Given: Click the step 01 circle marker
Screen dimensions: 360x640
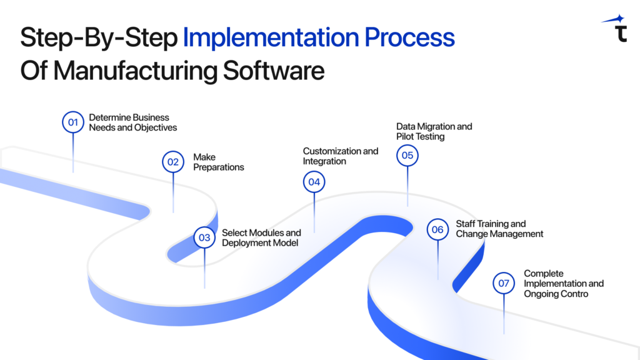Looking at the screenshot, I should pos(73,122).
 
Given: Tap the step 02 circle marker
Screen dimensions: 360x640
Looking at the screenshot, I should pos(172,162).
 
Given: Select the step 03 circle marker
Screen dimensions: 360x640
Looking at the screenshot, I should pos(204,237).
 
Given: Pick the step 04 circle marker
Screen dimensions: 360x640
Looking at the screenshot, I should pos(314,182).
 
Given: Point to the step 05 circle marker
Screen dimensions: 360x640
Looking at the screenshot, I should pos(407,155).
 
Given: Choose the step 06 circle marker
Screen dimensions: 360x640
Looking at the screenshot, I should pos(437,229).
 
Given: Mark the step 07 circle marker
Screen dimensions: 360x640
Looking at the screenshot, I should pos(504,283).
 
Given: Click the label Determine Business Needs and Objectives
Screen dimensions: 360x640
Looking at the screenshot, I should pos(132,122).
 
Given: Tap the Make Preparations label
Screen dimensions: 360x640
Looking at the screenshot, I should pos(218,162).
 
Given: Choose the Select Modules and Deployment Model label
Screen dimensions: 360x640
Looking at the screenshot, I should pos(261,237).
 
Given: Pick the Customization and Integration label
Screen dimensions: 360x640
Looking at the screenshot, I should pos(341,156).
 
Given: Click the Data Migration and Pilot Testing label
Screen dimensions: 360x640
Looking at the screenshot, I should pos(434,131).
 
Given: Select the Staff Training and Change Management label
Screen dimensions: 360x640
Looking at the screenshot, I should pos(499,229).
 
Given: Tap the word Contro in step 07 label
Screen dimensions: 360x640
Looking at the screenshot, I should pos(574,294).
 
